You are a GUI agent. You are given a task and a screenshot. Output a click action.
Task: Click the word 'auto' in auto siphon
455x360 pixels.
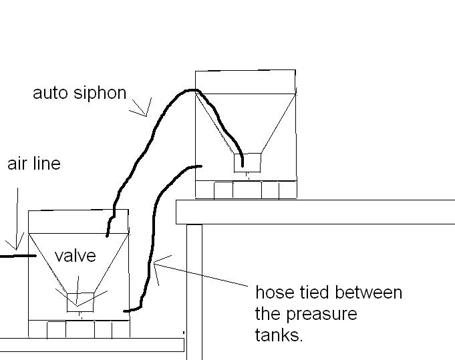tap(49, 93)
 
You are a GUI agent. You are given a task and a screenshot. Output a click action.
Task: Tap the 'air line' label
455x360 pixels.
tap(33, 164)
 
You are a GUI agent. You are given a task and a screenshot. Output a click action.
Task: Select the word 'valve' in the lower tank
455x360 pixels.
tap(75, 256)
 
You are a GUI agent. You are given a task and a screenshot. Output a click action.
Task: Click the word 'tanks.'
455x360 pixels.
tap(279, 335)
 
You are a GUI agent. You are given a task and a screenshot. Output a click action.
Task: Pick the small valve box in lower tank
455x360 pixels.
tap(80, 302)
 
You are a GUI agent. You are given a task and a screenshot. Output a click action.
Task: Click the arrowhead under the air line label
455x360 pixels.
tap(17, 242)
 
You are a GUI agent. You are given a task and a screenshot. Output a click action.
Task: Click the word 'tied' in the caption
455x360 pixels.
tap(313, 293)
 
